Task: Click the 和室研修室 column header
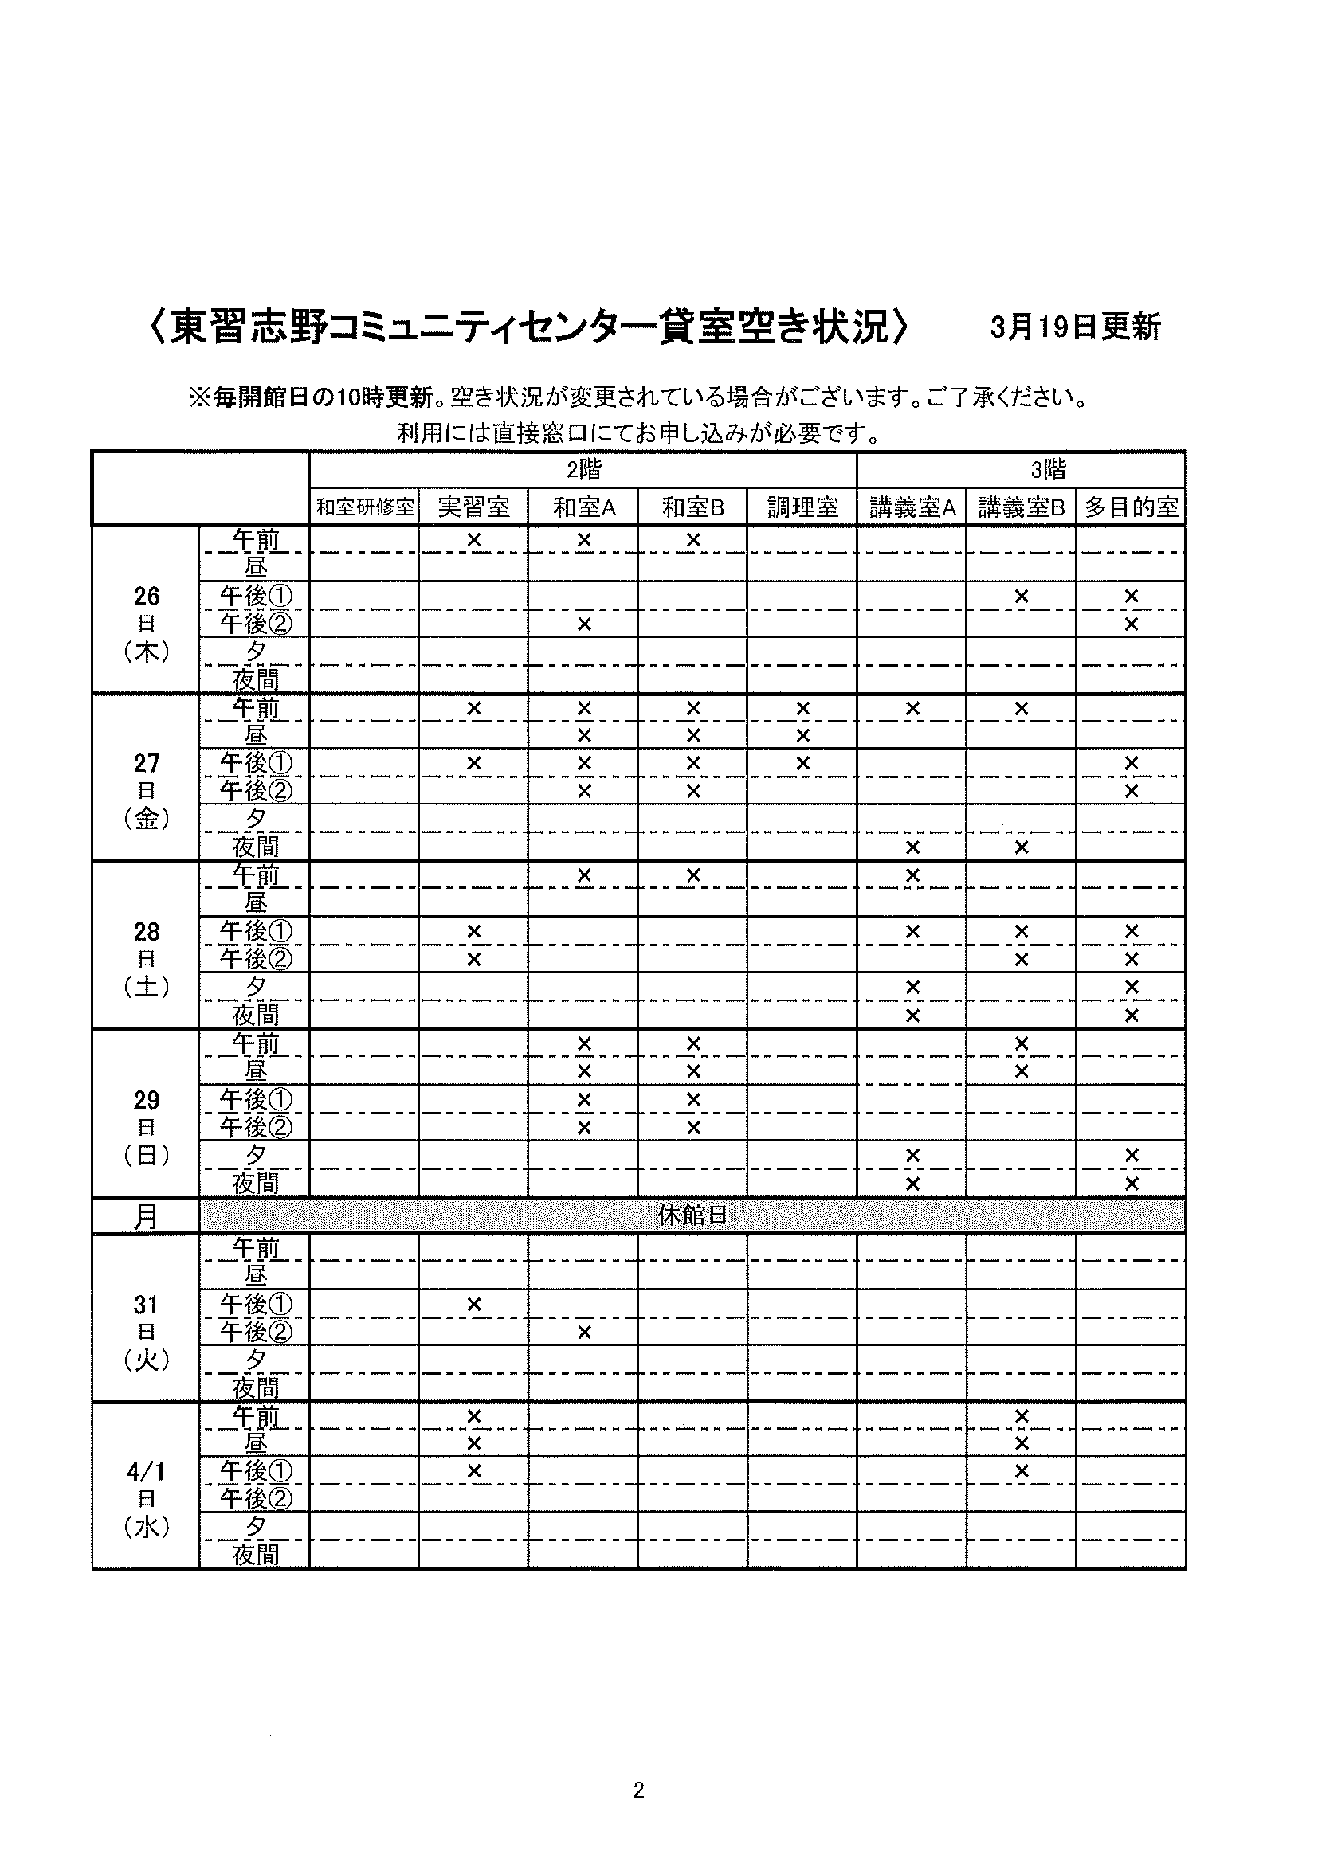pos(364,507)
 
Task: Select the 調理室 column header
pos(802,507)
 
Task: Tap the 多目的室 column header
pos(1131,507)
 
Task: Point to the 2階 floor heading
pos(583,469)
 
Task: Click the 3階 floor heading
pos(1048,469)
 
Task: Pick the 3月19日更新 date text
pos(1075,327)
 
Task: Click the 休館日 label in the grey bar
pos(692,1215)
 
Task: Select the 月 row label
pos(146,1216)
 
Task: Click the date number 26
pos(146,597)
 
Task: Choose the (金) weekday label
pos(146,819)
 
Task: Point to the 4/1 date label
pos(146,1472)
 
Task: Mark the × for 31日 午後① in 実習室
pos(474,1305)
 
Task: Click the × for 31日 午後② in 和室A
pos(583,1333)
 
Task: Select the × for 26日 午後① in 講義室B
pos(1021,597)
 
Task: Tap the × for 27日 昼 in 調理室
pos(802,736)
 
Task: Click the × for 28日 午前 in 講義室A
pos(912,875)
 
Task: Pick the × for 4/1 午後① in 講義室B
pos(1021,1471)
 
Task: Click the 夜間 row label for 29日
pos(256,1184)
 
